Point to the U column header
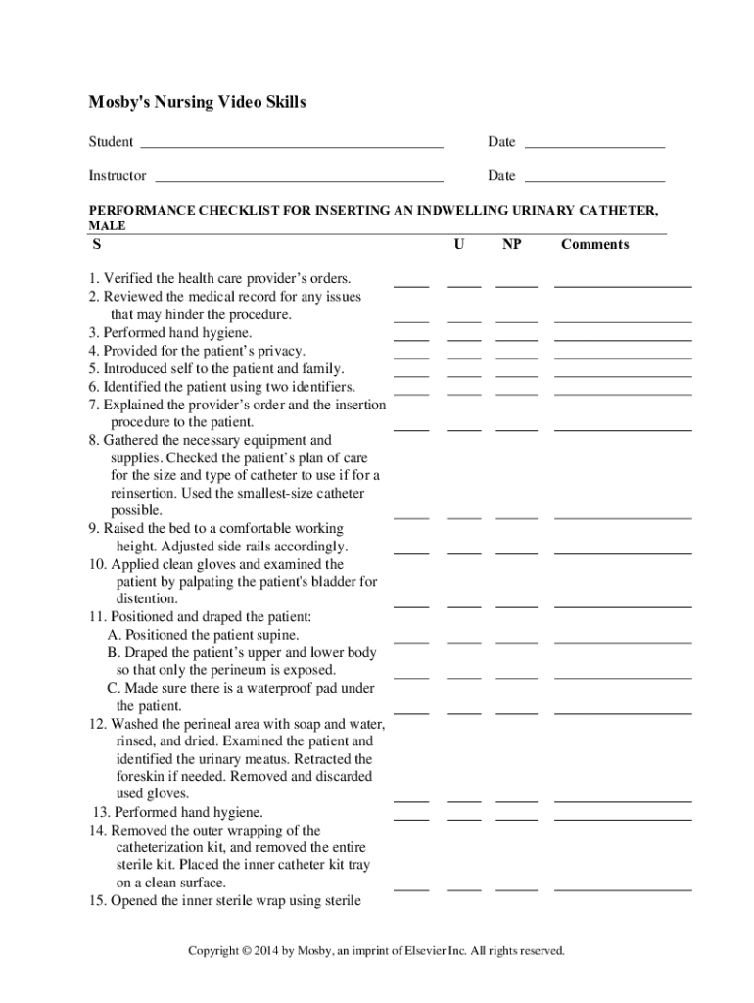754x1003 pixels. point(459,245)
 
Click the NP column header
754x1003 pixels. point(511,245)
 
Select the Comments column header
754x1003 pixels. point(594,245)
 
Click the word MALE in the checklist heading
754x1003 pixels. point(108,225)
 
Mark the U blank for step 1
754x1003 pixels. point(463,285)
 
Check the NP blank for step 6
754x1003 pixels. point(516,392)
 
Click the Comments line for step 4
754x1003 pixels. point(623,357)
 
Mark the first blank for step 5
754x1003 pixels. point(411,374)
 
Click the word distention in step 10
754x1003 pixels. point(147,598)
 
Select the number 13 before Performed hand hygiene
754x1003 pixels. point(101,813)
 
